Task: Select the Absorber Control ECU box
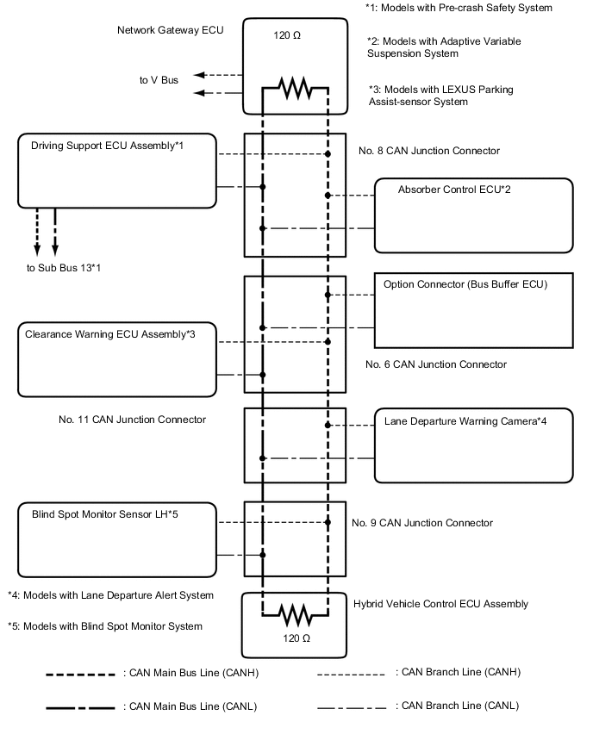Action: click(x=473, y=215)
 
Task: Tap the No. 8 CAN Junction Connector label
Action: click(x=428, y=151)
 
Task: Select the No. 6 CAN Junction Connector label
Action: click(x=435, y=364)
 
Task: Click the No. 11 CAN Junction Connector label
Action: click(x=132, y=420)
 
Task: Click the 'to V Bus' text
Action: click(x=159, y=80)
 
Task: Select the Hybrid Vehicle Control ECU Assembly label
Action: click(x=440, y=604)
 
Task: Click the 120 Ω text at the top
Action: click(x=296, y=38)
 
